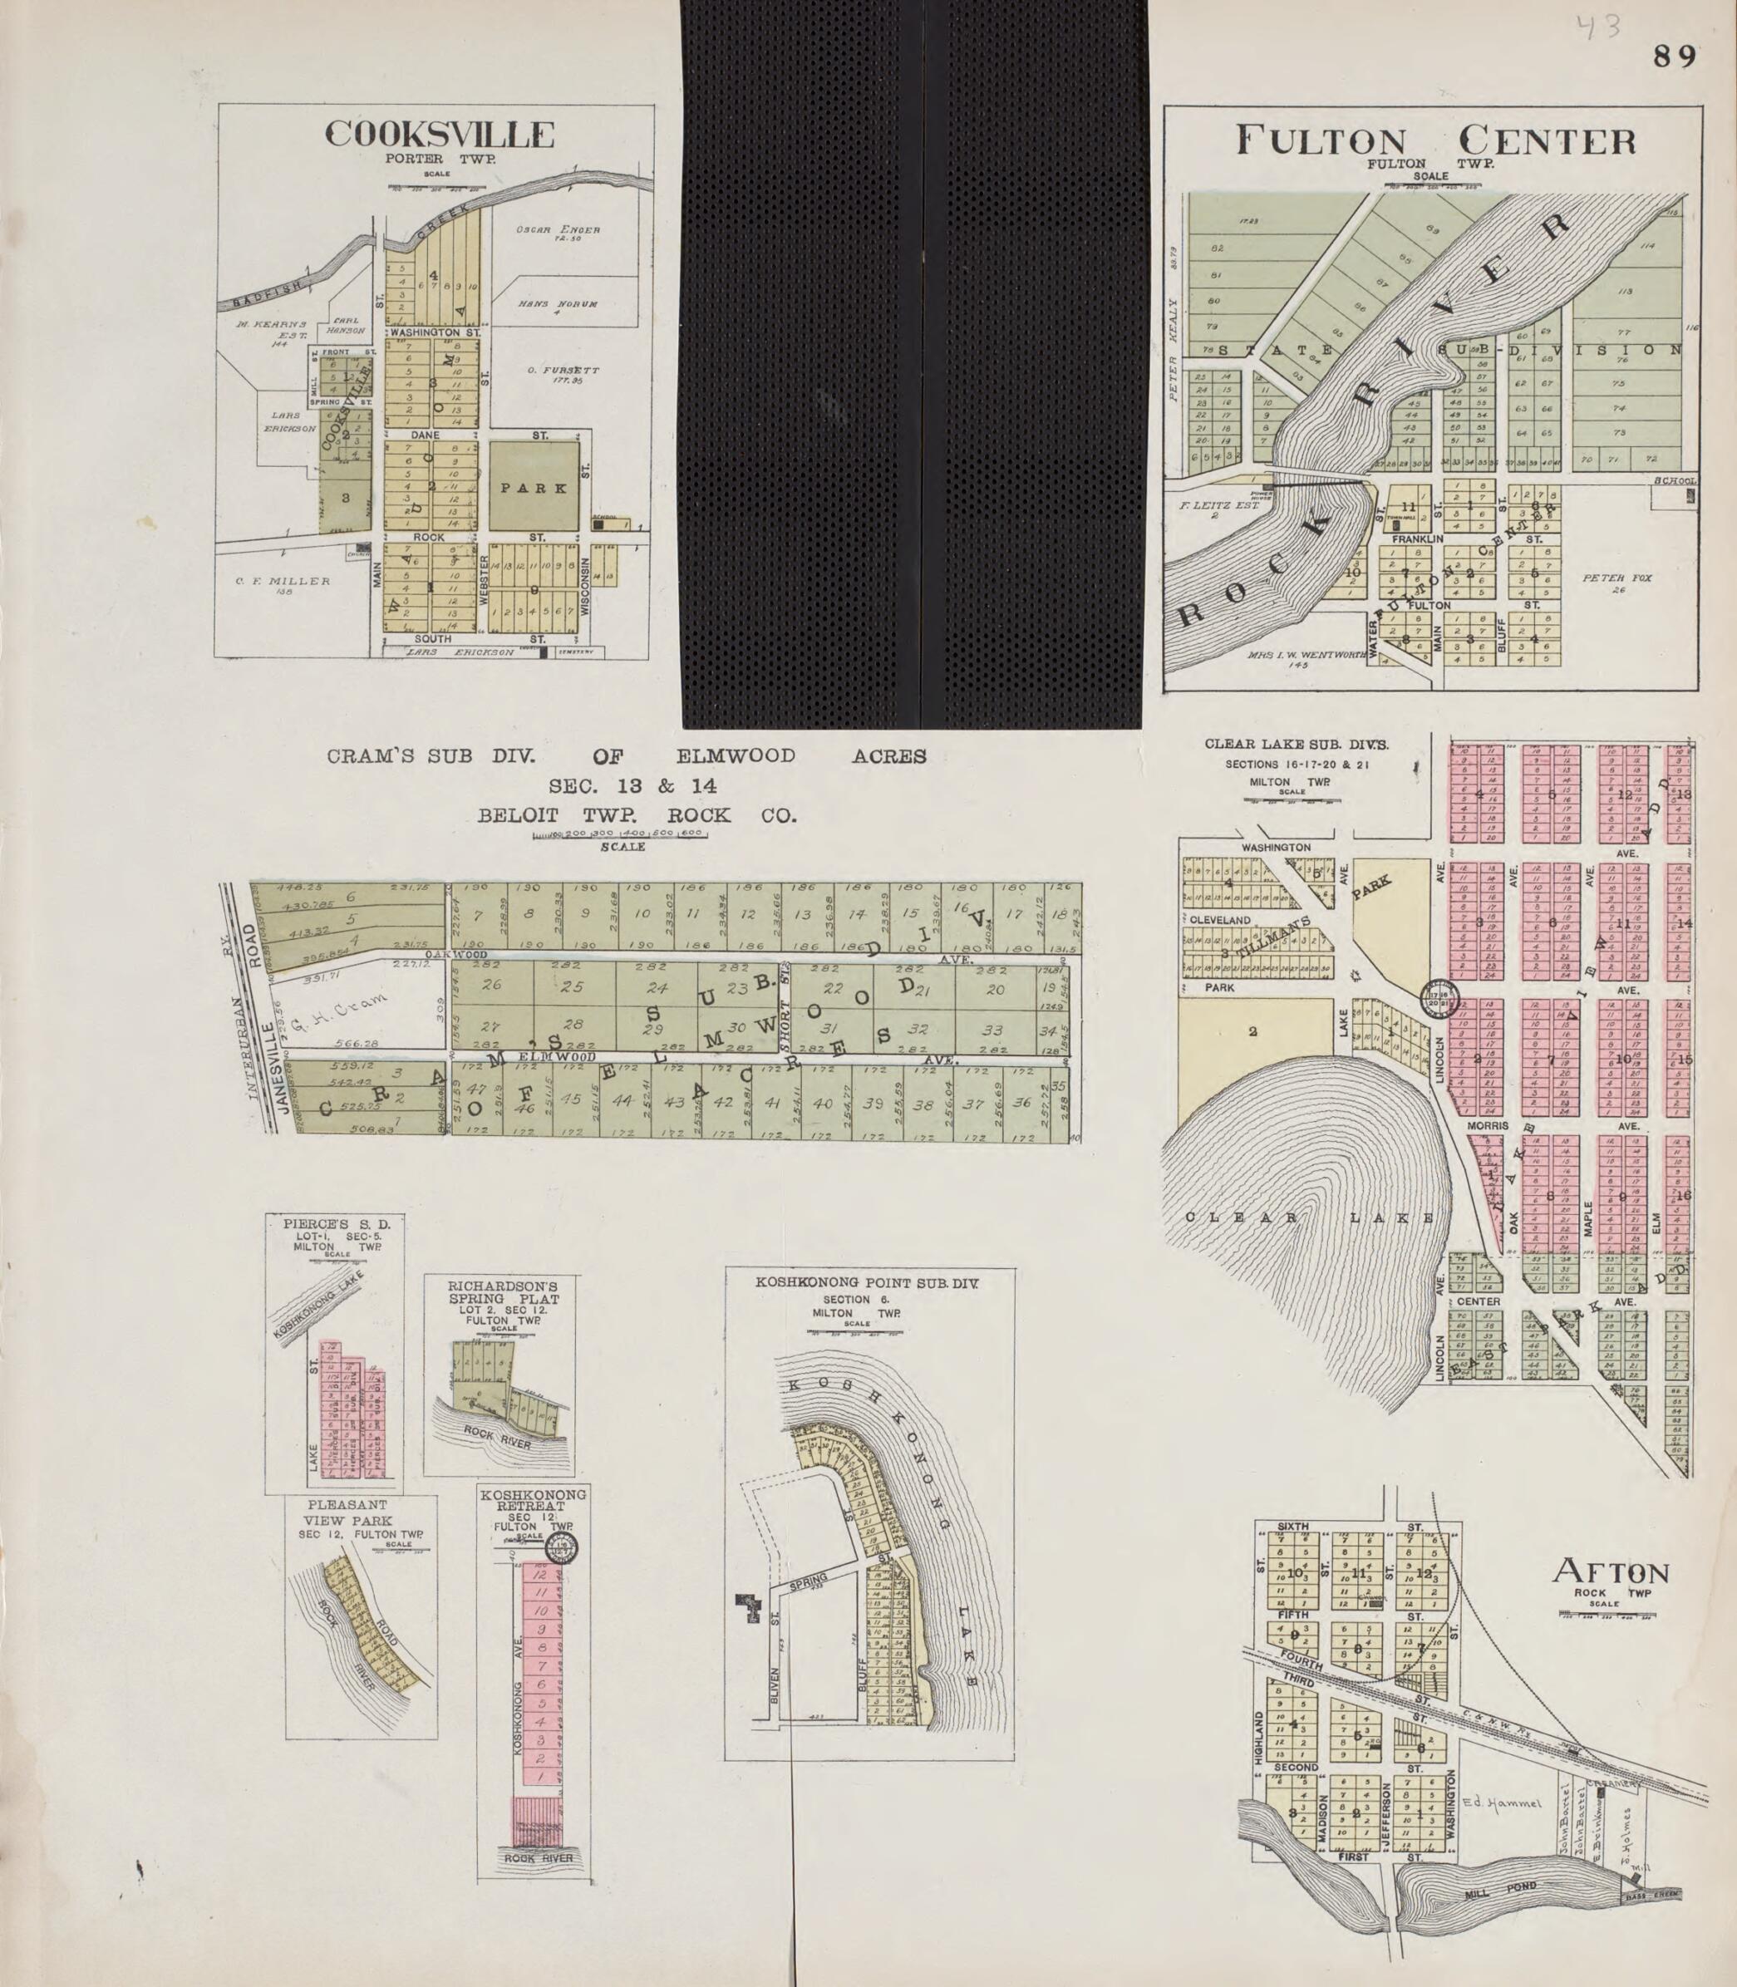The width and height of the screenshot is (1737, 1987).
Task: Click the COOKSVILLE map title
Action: pos(439,135)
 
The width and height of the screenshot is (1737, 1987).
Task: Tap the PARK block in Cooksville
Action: pos(534,488)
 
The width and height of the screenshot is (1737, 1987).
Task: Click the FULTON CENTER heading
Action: pos(1435,140)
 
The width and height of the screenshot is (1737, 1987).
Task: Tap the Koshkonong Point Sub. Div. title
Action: pos(867,1281)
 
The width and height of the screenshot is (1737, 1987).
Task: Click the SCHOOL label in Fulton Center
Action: pos(1674,480)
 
